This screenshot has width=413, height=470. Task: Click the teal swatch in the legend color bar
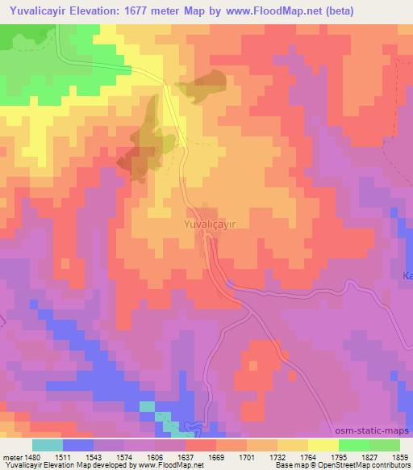(x=47, y=444)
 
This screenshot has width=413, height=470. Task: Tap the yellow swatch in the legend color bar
(x=323, y=444)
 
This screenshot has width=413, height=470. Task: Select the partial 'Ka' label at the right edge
(x=407, y=276)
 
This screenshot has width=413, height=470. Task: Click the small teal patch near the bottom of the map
(x=147, y=406)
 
